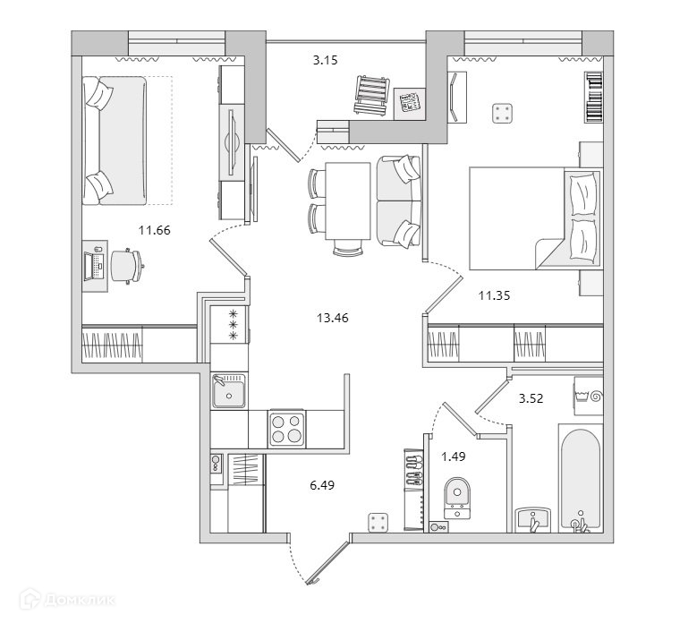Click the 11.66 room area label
(154, 230)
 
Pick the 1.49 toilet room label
(454, 457)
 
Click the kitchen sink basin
(230, 392)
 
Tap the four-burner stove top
(287, 427)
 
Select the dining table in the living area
(347, 203)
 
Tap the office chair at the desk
(124, 265)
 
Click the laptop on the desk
(91, 265)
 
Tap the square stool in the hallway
(379, 523)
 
